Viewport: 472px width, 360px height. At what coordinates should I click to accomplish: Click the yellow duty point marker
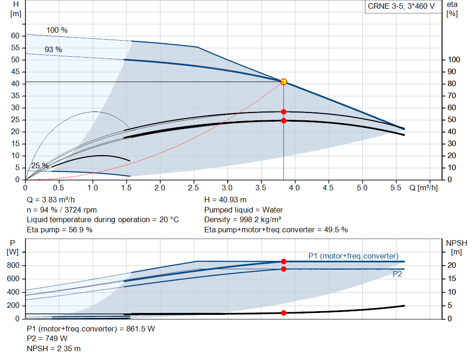(283, 82)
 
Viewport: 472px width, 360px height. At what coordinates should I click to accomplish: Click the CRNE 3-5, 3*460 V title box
(401, 6)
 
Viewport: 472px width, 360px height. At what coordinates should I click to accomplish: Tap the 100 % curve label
(57, 30)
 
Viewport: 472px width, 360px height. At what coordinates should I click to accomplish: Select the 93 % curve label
(53, 49)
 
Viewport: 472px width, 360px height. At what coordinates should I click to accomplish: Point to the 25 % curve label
(40, 166)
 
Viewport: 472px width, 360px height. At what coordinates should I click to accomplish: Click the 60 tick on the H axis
(15, 36)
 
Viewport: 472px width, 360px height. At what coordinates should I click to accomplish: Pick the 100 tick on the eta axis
(454, 60)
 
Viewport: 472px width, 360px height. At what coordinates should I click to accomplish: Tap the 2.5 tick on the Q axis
(194, 188)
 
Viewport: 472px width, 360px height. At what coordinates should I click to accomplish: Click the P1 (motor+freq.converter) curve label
(354, 256)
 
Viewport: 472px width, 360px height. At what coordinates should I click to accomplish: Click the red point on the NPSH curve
(283, 313)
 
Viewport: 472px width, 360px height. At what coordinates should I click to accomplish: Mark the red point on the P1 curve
(283, 261)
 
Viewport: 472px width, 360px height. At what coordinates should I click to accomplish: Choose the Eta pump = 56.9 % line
(59, 230)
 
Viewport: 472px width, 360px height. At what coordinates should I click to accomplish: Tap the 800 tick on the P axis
(13, 266)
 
